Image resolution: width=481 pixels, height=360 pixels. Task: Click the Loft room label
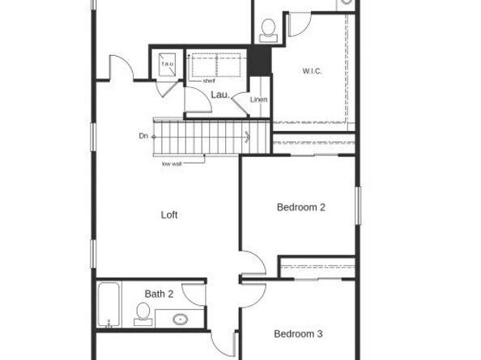pyautogui.click(x=168, y=215)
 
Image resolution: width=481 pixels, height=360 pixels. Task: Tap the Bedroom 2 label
pyautogui.click(x=300, y=207)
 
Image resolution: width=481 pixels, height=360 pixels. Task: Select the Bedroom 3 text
pyautogui.click(x=298, y=334)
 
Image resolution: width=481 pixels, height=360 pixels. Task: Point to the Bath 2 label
pyautogui.click(x=160, y=294)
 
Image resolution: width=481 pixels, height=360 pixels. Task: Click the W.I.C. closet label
pyautogui.click(x=313, y=72)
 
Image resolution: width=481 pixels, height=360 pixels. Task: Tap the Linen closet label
pyautogui.click(x=259, y=100)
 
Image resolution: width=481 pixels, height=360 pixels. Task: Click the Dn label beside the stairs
pyautogui.click(x=143, y=136)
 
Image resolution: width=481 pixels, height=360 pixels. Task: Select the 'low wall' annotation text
pyautogui.click(x=172, y=164)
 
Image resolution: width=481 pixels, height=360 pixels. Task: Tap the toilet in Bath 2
pyautogui.click(x=143, y=313)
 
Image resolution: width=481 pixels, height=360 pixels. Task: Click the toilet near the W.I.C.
pyautogui.click(x=268, y=31)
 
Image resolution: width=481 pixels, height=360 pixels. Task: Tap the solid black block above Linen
pyautogui.click(x=259, y=59)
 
